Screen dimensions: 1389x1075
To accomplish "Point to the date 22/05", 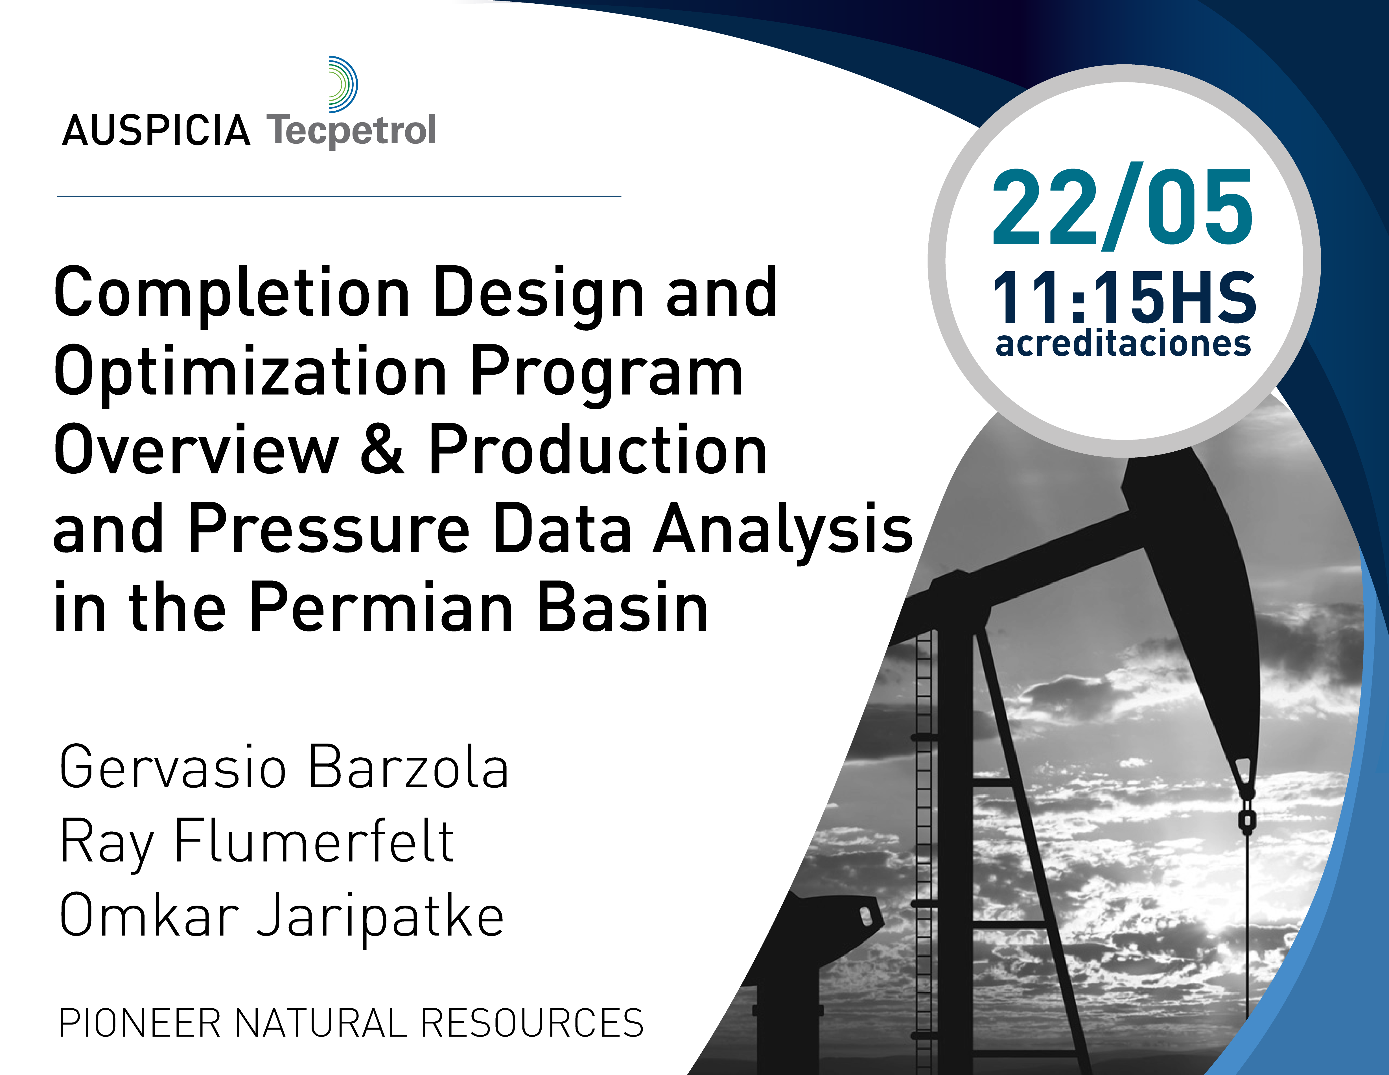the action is tap(1123, 207).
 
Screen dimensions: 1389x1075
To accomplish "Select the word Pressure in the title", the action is tap(329, 528).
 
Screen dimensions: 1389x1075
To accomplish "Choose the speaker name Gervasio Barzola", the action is tap(284, 768).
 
